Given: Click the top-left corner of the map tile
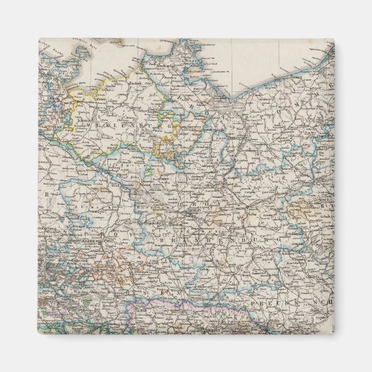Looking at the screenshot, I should pyautogui.click(x=39, y=39).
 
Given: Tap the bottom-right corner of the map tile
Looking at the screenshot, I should pyautogui.click(x=333, y=333).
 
